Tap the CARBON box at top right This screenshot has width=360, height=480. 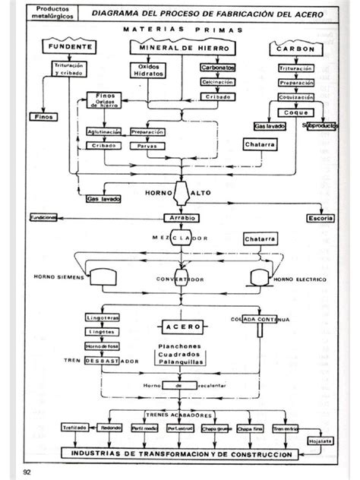pos(291,49)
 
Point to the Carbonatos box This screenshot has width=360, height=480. pos(217,68)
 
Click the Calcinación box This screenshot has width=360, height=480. pos(216,82)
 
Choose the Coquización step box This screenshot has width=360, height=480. pos(291,96)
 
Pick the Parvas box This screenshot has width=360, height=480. pos(147,144)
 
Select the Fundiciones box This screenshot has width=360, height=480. pos(43,217)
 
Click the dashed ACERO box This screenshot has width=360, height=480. pos(182,327)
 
